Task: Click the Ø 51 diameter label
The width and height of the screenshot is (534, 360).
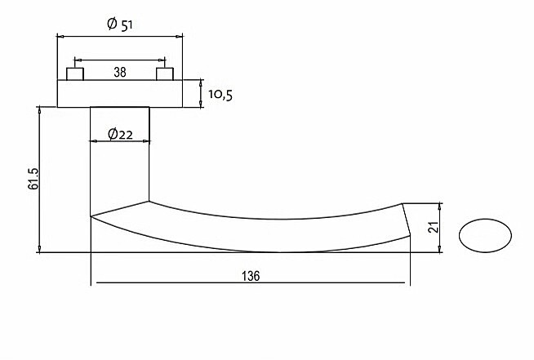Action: click(x=119, y=24)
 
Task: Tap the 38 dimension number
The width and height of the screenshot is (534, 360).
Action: click(x=120, y=72)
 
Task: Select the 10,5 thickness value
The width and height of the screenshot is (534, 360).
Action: click(x=220, y=95)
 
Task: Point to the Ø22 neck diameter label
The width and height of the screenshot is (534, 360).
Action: click(x=120, y=134)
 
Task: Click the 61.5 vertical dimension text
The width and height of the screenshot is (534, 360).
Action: click(x=33, y=179)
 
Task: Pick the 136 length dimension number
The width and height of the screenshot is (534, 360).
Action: click(x=251, y=276)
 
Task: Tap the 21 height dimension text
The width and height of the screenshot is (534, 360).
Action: click(x=434, y=227)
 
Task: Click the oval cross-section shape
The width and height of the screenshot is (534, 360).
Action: click(x=485, y=235)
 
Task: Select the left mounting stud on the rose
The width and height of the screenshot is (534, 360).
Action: click(x=75, y=74)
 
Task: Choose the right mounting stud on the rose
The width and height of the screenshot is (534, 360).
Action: click(x=165, y=74)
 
